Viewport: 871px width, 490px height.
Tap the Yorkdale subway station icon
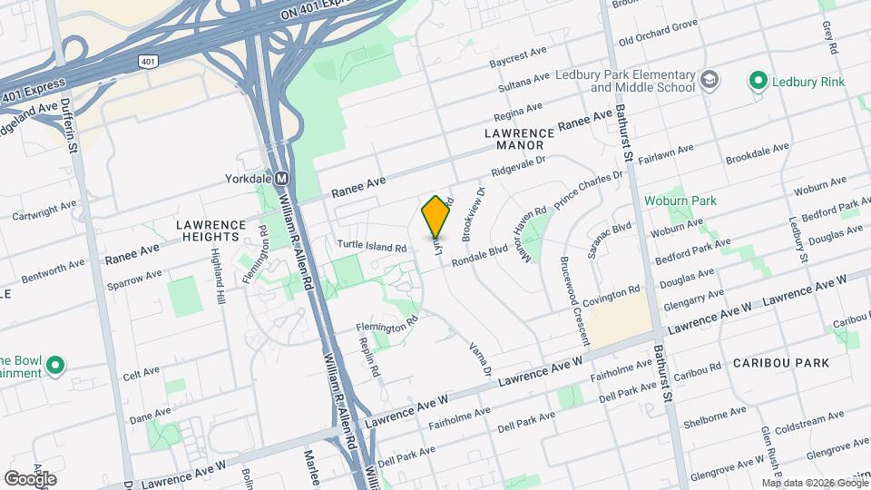(x=282, y=179)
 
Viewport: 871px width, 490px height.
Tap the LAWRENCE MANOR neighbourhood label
(x=514, y=138)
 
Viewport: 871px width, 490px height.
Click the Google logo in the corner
(x=31, y=478)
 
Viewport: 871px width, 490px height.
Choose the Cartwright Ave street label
(x=44, y=211)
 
